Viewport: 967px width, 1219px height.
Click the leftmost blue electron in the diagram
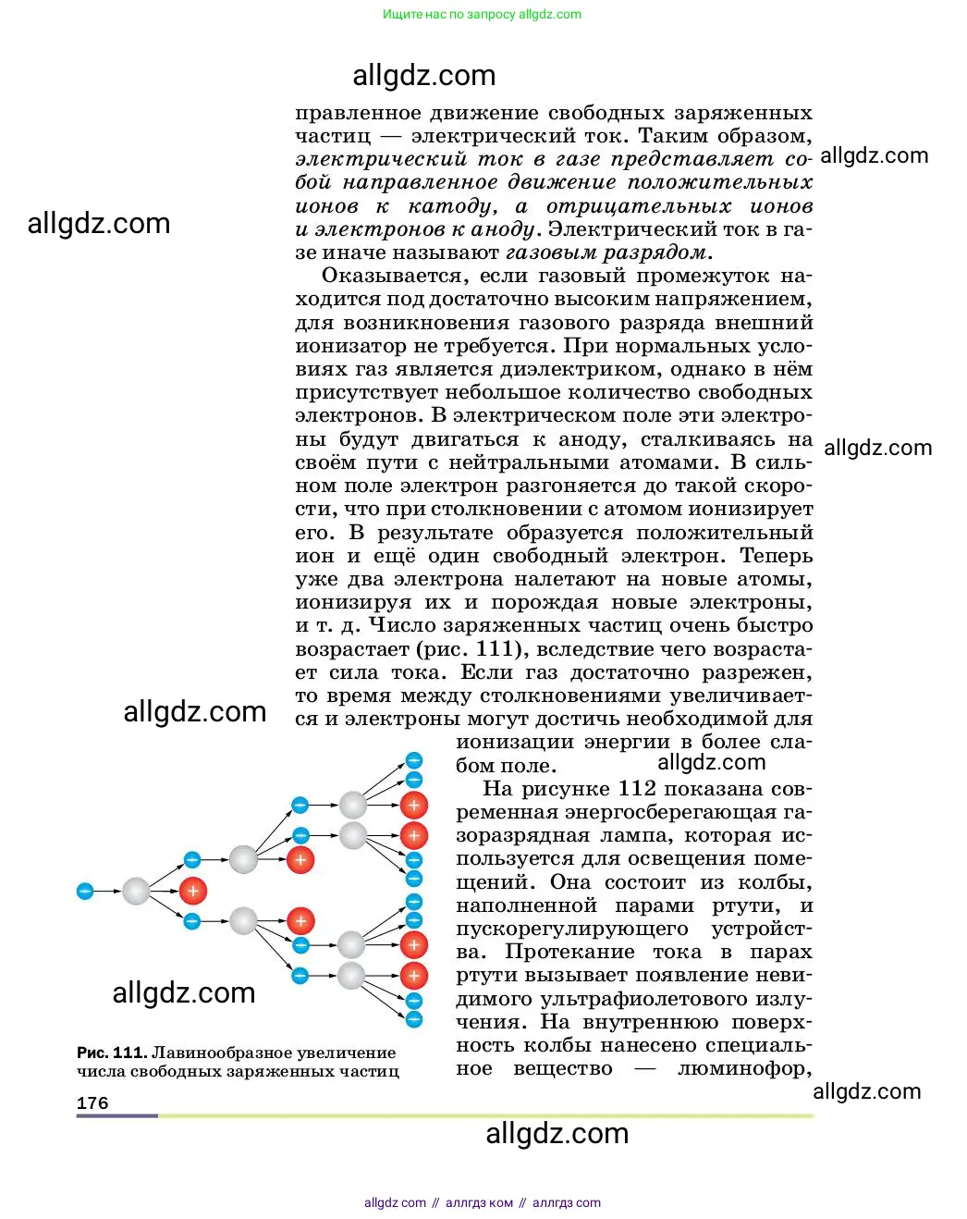click(x=85, y=892)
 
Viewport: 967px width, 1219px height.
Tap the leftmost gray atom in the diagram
click(x=135, y=892)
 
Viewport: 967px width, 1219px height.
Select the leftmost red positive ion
click(x=192, y=892)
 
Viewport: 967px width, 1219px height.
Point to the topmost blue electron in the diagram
click(x=414, y=761)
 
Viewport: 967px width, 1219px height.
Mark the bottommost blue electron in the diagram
click(x=414, y=1019)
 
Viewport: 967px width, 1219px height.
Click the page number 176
click(x=92, y=1103)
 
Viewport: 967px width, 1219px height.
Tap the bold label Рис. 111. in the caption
click(x=112, y=1053)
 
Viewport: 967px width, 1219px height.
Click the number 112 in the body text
click(x=637, y=789)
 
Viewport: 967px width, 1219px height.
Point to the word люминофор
click(x=745, y=1068)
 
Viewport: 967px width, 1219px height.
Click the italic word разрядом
click(x=657, y=252)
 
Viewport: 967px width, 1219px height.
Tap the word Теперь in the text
click(x=776, y=556)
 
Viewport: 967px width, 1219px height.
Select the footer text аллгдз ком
click(x=479, y=1202)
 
